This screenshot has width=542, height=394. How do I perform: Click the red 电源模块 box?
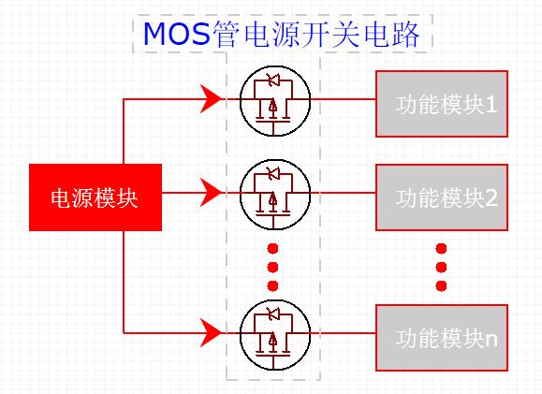(95, 197)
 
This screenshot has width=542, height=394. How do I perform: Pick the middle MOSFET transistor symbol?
(273, 194)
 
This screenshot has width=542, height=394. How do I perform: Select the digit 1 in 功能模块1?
(491, 104)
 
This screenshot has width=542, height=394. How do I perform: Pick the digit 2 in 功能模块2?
(491, 197)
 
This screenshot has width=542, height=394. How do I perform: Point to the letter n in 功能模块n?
(491, 338)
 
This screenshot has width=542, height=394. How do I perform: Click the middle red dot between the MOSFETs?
(273, 268)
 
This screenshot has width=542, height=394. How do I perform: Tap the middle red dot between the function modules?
(441, 268)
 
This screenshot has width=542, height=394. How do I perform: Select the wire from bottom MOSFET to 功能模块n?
(342, 331)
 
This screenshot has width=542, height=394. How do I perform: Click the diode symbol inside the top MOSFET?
(273, 80)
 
